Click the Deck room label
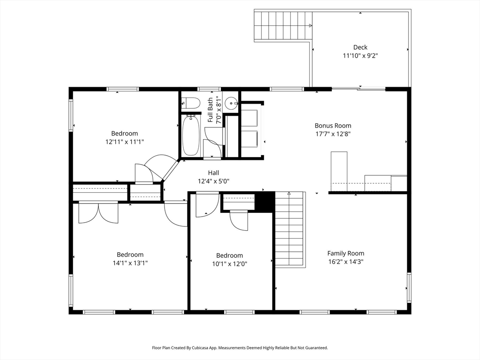(360, 47)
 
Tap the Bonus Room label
(333, 126)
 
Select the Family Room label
(345, 253)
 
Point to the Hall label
(213, 172)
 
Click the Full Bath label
(210, 110)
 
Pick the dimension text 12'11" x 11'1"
(125, 142)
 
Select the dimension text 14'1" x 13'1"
(130, 263)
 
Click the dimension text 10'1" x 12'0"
(230, 263)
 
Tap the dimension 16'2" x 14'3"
(345, 262)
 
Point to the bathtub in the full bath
(190, 135)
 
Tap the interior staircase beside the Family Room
(289, 229)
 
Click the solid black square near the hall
(264, 201)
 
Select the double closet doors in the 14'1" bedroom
(98, 212)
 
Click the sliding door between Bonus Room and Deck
(359, 89)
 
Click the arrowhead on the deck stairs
(310, 25)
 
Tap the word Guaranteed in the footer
(318, 348)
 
